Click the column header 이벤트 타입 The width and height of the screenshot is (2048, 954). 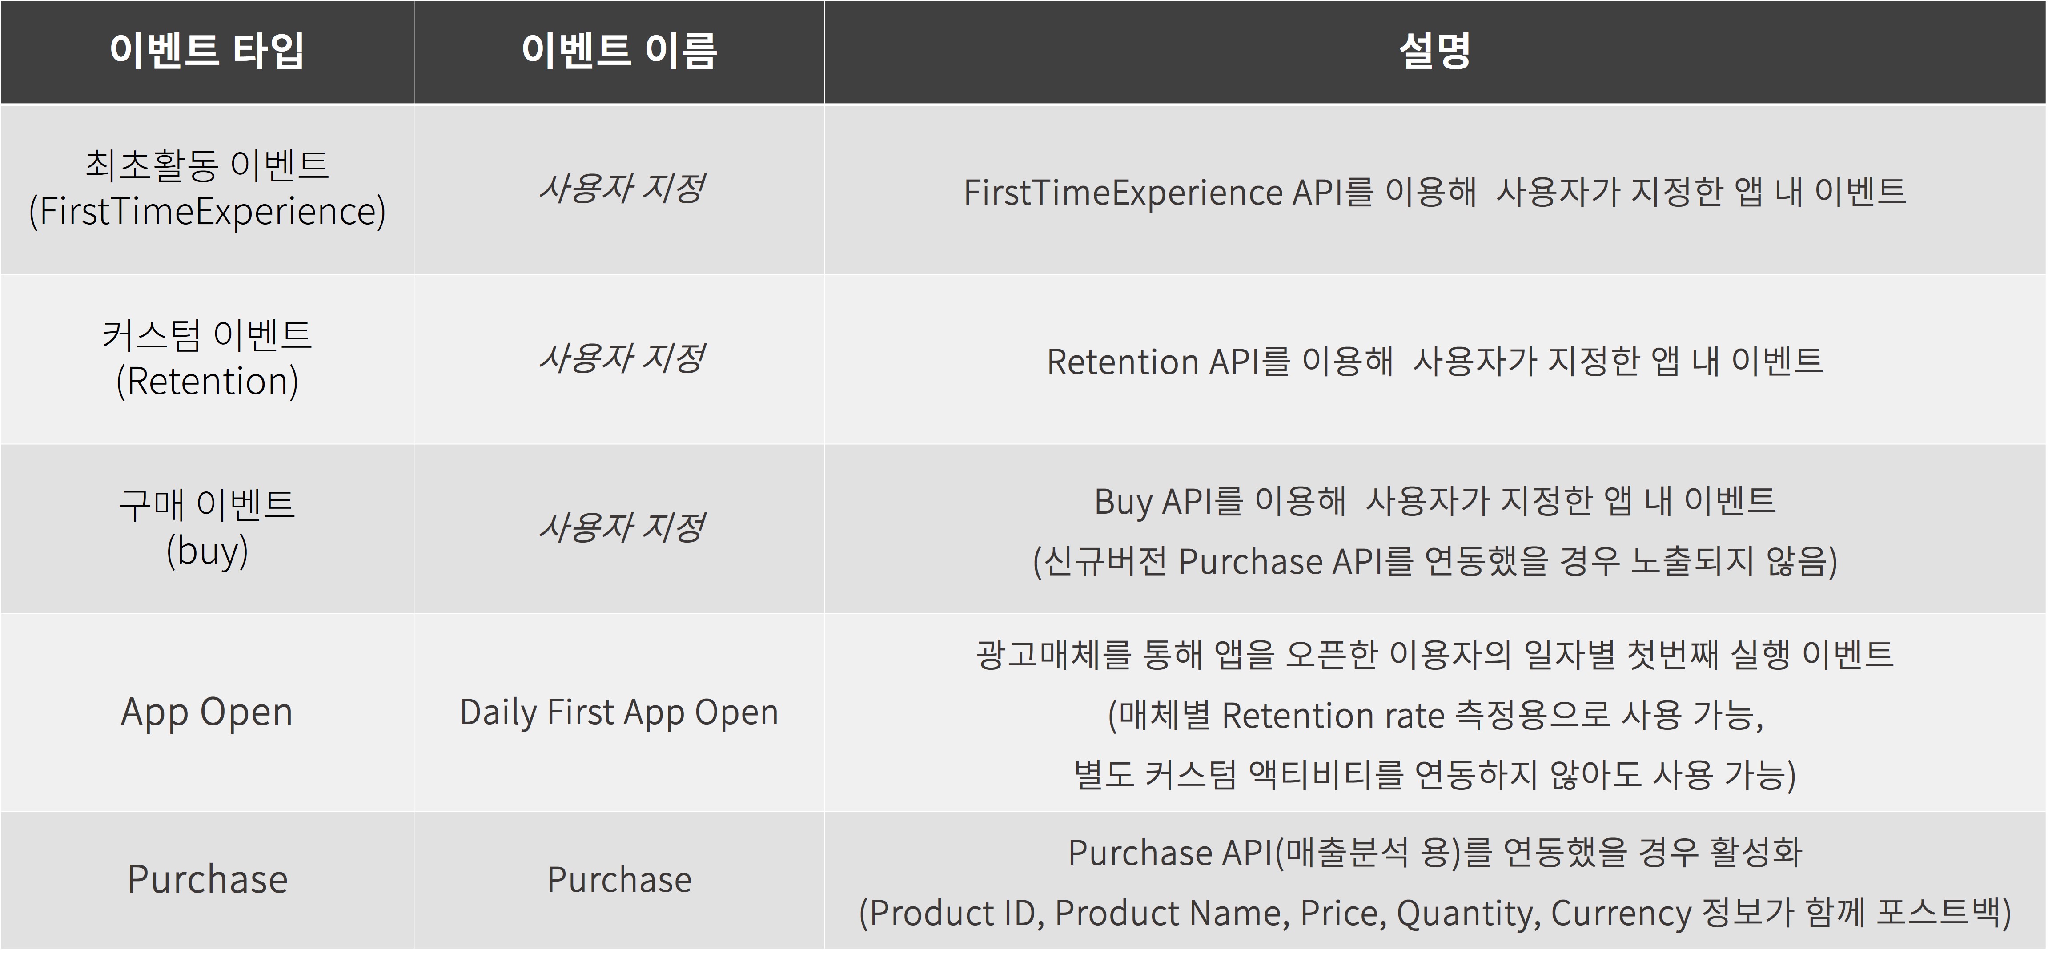(x=207, y=51)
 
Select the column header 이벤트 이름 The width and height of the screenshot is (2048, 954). (x=619, y=51)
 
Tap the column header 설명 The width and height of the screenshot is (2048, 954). (x=1435, y=51)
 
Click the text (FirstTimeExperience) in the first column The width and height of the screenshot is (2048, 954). (x=207, y=211)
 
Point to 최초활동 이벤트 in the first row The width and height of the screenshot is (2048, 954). (x=207, y=165)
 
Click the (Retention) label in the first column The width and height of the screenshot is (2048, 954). (x=207, y=382)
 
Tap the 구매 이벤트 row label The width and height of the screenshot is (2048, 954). (x=207, y=504)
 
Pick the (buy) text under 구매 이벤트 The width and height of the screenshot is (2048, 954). (x=207, y=551)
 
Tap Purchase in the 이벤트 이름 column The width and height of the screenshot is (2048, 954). (x=619, y=879)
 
